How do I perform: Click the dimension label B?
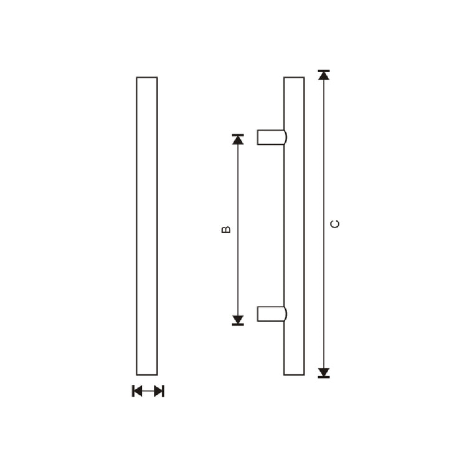[226, 229]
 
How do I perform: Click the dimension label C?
[335, 224]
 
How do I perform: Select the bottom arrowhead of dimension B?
[238, 320]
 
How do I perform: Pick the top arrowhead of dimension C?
[323, 75]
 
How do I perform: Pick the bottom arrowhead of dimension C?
[323, 372]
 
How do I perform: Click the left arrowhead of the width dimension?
[138, 391]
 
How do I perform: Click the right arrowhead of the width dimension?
[158, 391]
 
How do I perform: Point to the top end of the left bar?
[147, 78]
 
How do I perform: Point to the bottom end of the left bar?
[147, 374]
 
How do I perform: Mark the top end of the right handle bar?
[294, 78]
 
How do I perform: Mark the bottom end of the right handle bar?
[294, 374]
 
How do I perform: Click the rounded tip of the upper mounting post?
[285, 137]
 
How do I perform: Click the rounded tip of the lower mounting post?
[285, 313]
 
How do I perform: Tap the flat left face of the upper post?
[258, 137]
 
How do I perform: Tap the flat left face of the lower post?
[258, 313]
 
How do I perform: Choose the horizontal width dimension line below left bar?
[148, 391]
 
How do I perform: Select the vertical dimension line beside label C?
[323, 187]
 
